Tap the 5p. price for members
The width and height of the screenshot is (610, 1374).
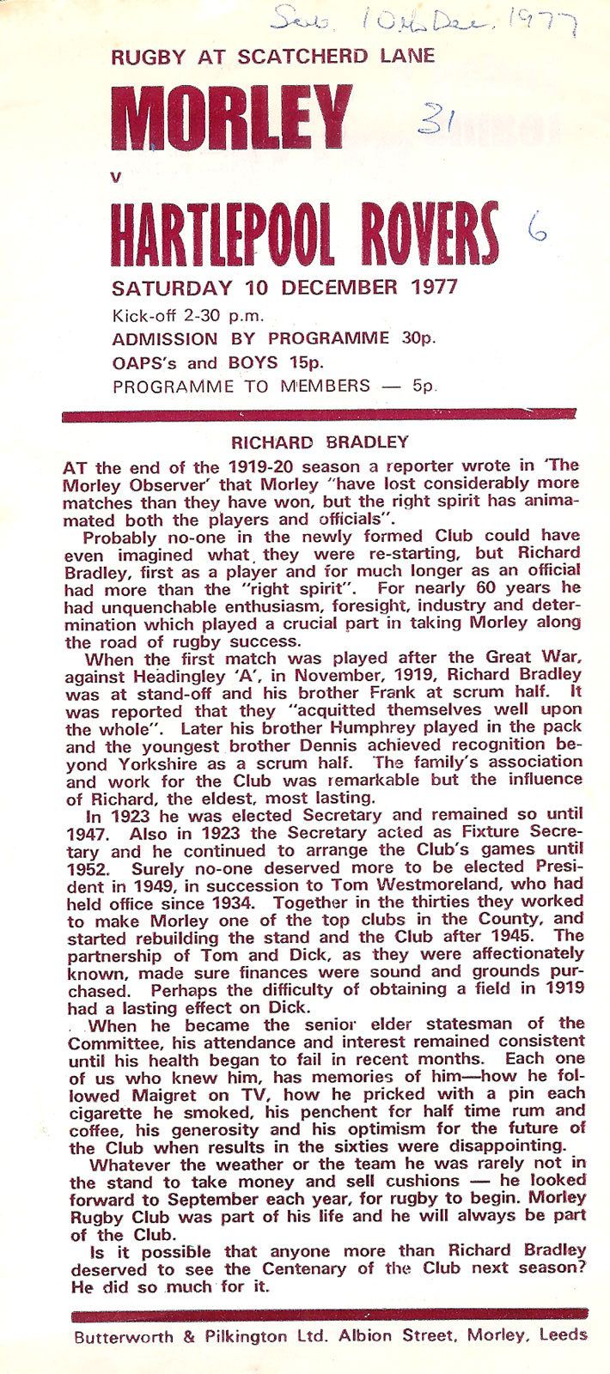pyautogui.click(x=424, y=386)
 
